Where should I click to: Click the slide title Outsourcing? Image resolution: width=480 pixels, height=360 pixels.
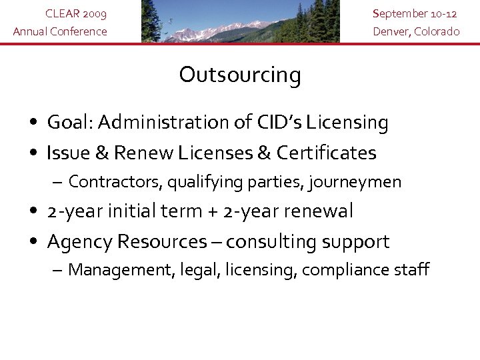[x=240, y=75]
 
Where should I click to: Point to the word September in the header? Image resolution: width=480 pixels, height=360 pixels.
[x=398, y=14]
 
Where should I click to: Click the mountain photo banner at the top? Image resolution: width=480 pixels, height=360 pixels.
[x=240, y=21]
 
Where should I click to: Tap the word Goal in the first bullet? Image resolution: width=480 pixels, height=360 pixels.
[x=73, y=123]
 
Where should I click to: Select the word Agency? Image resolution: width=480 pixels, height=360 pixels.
[x=79, y=242]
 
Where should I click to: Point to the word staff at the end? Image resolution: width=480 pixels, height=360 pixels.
[x=411, y=270]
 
